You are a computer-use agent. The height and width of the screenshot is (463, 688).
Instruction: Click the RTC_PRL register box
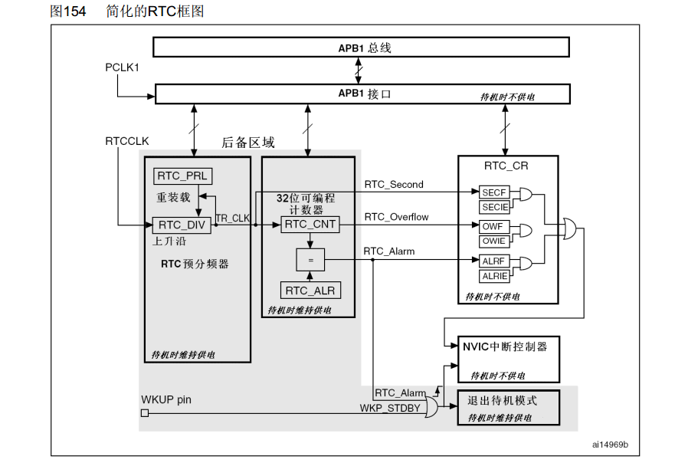(x=182, y=176)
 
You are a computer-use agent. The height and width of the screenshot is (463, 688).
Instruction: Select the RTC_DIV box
(x=182, y=225)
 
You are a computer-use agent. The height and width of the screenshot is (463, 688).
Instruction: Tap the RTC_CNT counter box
(x=309, y=225)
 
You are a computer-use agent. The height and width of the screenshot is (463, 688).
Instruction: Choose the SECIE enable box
(x=493, y=208)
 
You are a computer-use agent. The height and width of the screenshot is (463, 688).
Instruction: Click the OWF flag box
(x=493, y=227)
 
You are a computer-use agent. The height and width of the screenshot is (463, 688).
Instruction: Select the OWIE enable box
(x=493, y=241)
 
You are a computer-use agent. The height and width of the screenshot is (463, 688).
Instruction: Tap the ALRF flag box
(x=493, y=261)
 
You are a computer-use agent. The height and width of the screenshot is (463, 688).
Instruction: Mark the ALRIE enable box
(x=493, y=275)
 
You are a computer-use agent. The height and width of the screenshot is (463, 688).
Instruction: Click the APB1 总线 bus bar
(x=361, y=48)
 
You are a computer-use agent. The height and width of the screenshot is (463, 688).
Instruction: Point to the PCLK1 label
(x=123, y=68)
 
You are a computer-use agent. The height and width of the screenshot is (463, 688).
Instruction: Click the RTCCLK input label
(x=127, y=142)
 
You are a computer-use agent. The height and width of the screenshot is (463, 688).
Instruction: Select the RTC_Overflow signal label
(x=396, y=217)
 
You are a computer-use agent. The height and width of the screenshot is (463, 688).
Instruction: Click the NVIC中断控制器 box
(x=509, y=359)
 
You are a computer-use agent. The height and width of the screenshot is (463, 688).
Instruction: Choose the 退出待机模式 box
(x=509, y=408)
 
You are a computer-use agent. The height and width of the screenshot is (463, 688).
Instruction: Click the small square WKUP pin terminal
(x=144, y=413)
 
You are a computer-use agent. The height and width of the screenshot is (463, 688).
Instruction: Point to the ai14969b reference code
(x=609, y=445)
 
